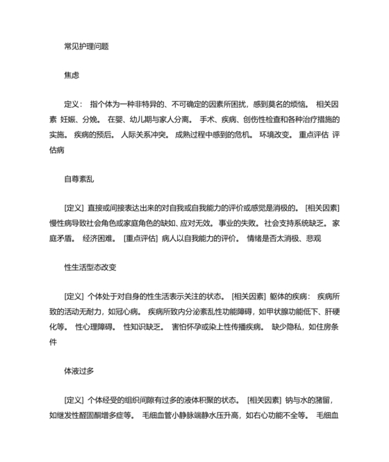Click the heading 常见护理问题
pyautogui.click(x=85, y=46)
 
